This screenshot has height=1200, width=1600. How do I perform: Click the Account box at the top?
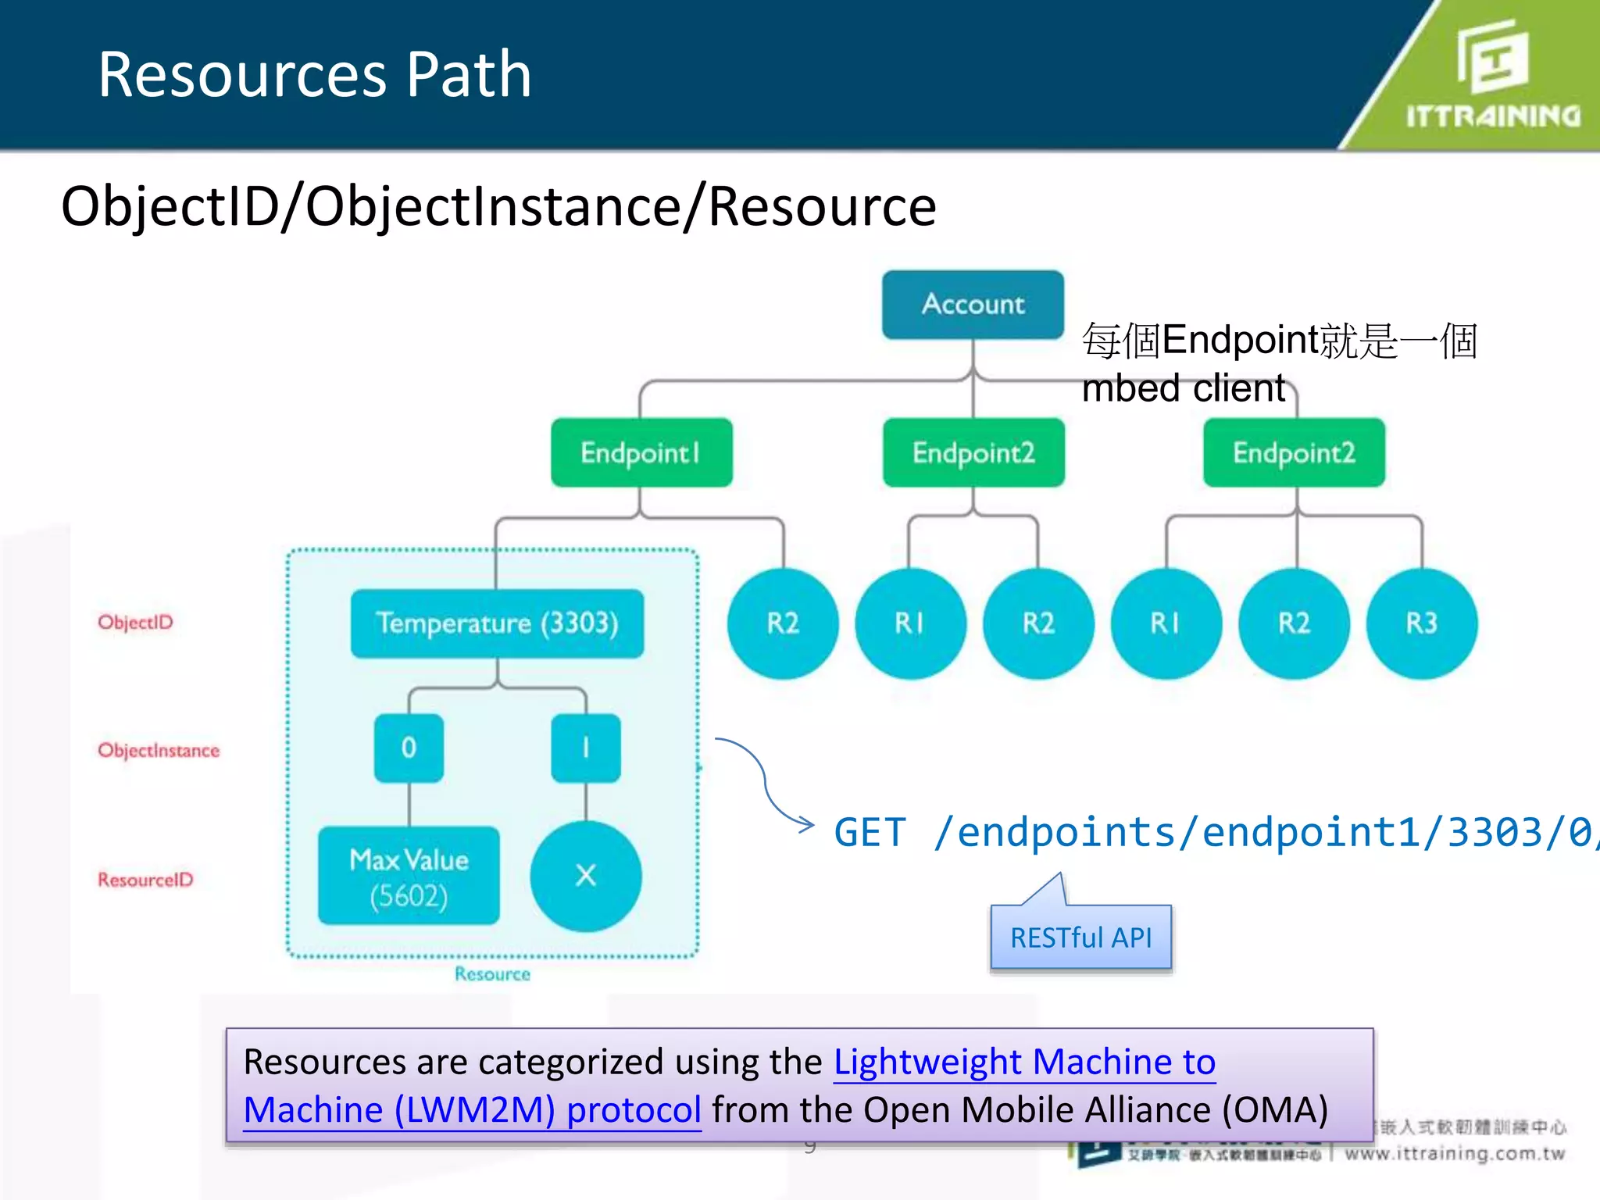pos(973,304)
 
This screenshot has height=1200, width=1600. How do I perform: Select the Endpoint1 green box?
pos(641,452)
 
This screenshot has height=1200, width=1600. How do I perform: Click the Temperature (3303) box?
pos(497,623)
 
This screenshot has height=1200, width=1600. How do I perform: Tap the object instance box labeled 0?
pos(409,748)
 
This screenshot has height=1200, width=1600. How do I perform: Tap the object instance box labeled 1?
pos(585,748)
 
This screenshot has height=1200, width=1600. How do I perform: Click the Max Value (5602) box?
pos(409,876)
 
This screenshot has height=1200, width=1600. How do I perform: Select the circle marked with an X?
pos(585,876)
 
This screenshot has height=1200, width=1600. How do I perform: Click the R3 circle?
pos(1421,623)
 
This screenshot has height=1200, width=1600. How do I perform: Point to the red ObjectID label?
pos(135,622)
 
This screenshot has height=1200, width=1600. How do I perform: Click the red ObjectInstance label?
pos(159,750)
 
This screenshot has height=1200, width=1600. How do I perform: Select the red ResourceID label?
pos(145,880)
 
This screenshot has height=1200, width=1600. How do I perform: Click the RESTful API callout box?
pos(1080,937)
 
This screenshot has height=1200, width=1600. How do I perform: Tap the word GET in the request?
pos(870,832)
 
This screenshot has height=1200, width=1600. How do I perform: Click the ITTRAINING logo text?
pos(1493,116)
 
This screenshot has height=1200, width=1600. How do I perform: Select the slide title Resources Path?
pos(314,74)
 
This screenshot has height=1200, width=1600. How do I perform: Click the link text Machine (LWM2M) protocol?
pos(472,1109)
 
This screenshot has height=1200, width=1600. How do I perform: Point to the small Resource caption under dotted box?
pos(492,973)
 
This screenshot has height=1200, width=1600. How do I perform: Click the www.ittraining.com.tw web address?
pos(1455,1153)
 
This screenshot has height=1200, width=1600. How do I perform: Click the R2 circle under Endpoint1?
pos(783,623)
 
